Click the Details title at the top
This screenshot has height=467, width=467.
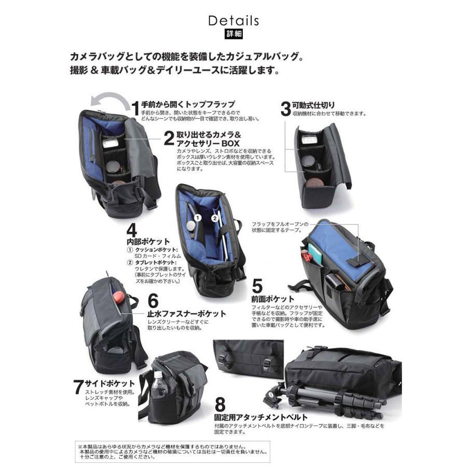[233, 21]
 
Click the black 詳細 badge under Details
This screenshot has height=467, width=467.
[233, 35]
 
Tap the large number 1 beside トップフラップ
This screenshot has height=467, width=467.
[135, 107]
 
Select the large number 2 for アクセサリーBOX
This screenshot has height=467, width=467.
[168, 139]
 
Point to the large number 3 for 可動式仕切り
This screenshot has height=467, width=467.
[285, 108]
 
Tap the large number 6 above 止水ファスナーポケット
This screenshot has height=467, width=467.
[153, 301]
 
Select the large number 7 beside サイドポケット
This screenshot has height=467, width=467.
[78, 387]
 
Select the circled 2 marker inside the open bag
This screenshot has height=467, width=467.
[214, 218]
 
